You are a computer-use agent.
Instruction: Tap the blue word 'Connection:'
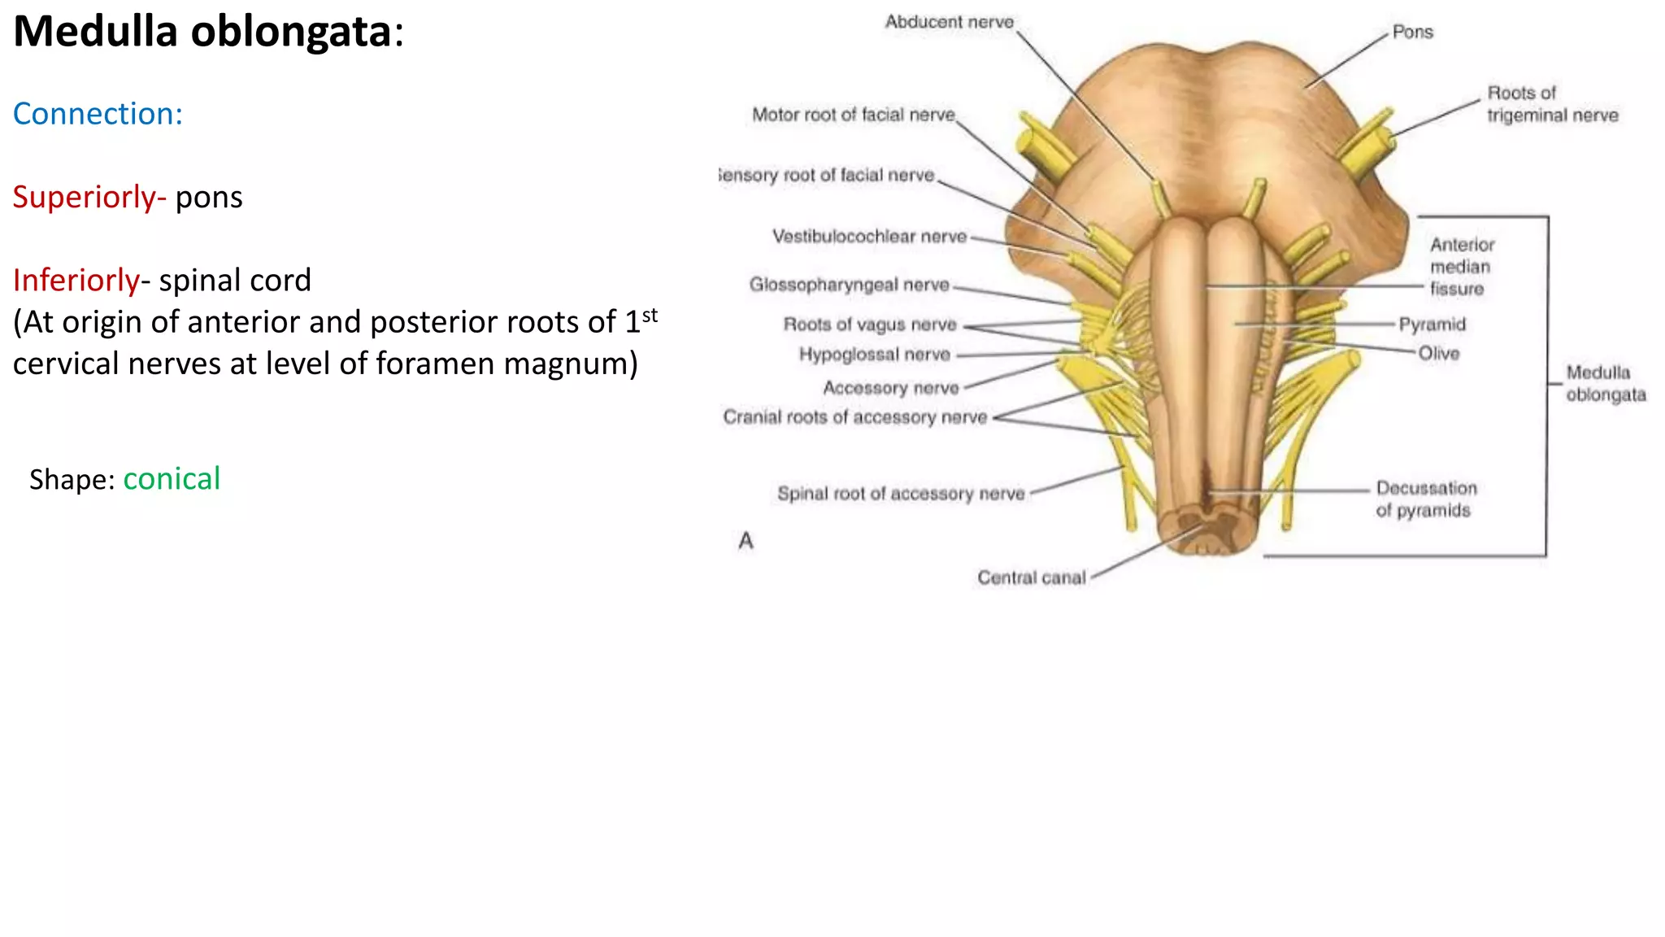tap(98, 114)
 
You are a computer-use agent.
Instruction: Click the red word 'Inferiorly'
tap(76, 281)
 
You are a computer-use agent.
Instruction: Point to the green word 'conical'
tap(172, 479)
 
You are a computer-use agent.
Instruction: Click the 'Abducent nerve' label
tap(949, 22)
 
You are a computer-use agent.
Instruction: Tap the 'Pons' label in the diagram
tap(1412, 33)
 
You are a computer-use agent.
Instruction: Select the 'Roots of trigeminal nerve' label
tap(1552, 104)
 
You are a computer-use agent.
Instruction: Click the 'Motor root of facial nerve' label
tap(853, 115)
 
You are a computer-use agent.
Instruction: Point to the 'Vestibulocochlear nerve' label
tap(869, 237)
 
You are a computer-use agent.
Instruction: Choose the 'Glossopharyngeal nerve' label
tap(849, 285)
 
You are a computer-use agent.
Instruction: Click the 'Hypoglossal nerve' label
tap(874, 355)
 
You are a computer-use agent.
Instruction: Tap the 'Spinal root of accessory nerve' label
tap(900, 494)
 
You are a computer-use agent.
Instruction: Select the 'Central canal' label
tap(1031, 577)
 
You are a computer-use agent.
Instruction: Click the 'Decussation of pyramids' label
tap(1425, 499)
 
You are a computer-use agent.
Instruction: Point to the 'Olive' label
tap(1438, 354)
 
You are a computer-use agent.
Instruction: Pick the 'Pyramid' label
tap(1432, 325)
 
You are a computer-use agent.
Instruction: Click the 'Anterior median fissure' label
tap(1461, 267)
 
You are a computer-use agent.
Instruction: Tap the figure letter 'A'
tap(746, 541)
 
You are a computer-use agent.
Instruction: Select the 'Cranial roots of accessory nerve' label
tap(854, 417)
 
